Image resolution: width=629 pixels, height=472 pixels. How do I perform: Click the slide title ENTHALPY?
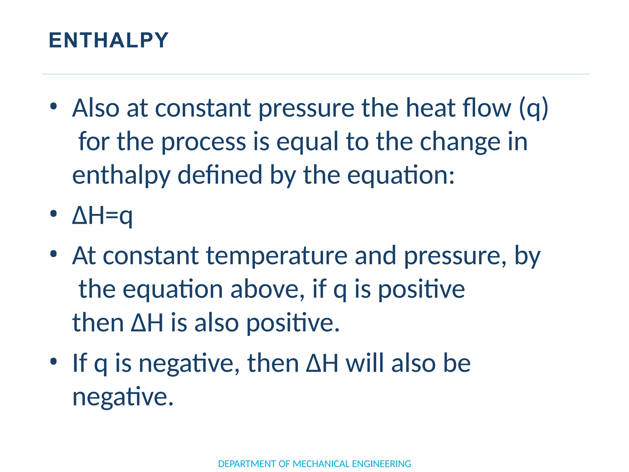(109, 40)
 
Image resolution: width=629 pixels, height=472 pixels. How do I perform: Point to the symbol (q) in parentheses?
(533, 108)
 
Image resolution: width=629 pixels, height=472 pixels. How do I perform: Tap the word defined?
(220, 175)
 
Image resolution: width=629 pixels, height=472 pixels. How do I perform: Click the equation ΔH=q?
(102, 216)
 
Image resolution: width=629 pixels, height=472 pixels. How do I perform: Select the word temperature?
(277, 256)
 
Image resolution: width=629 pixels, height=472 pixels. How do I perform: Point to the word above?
(267, 289)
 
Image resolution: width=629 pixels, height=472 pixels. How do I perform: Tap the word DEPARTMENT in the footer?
(247, 464)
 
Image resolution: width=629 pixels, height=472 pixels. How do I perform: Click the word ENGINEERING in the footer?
(381, 464)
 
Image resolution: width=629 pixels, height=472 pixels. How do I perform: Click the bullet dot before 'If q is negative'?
(53, 361)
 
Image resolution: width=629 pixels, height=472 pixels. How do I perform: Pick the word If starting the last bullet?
(80, 363)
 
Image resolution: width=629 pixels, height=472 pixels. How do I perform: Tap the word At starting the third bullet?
(84, 256)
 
